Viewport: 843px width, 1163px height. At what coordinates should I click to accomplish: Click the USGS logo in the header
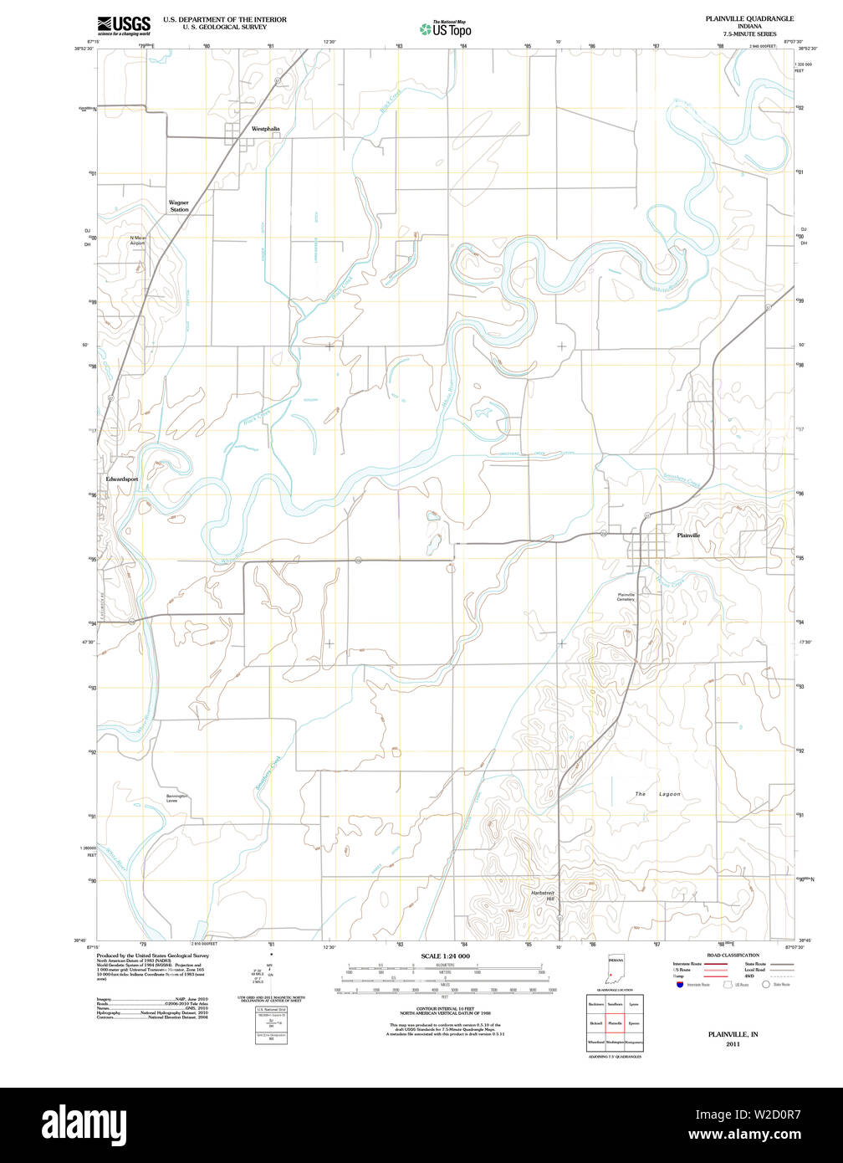pos(124,24)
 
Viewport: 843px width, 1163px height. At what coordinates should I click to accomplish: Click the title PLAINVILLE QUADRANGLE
pos(749,18)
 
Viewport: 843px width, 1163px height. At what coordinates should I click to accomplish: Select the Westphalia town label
pos(266,130)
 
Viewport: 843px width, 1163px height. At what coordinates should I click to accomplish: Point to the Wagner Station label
pos(179,206)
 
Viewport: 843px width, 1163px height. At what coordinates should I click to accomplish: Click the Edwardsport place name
pos(122,479)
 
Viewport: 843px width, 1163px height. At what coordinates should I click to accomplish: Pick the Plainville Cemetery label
pos(626,597)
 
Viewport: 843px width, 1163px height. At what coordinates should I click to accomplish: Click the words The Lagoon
pos(657,794)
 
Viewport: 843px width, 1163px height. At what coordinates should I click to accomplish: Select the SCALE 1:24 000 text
pos(445,956)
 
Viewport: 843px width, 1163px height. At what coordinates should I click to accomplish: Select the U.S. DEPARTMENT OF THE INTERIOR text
pos(224,19)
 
